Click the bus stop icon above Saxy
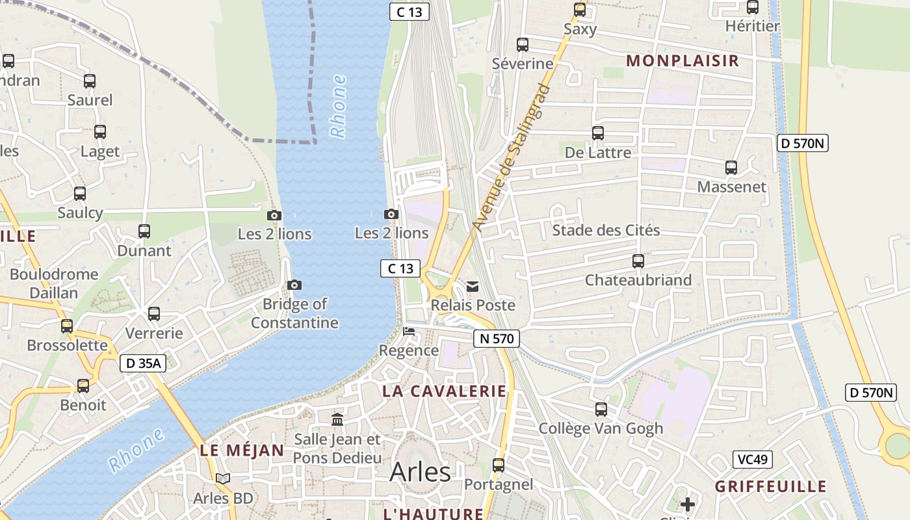(x=580, y=10)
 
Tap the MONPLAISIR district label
(x=682, y=61)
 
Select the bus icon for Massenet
(x=731, y=168)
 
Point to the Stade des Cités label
(x=606, y=231)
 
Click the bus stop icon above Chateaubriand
(x=638, y=261)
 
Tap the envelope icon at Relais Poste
(x=473, y=287)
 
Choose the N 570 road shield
(x=496, y=338)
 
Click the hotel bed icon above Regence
(x=409, y=331)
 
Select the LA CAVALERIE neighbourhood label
(x=444, y=391)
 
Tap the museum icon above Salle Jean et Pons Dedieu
(x=337, y=420)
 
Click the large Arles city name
(x=420, y=473)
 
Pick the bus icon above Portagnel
(x=499, y=465)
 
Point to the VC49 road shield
(x=752, y=460)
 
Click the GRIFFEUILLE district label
(x=770, y=487)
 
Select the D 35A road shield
(x=143, y=363)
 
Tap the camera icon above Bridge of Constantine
(x=294, y=285)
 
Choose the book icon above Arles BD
(x=223, y=479)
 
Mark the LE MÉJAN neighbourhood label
(x=242, y=450)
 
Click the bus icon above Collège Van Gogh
(x=601, y=409)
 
